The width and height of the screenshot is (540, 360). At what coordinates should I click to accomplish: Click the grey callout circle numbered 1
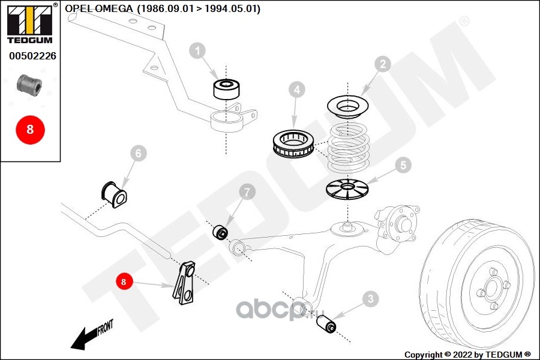[x=197, y=51]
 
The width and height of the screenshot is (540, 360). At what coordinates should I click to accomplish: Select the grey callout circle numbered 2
[x=383, y=64]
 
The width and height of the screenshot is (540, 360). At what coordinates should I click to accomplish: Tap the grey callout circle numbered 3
[x=370, y=299]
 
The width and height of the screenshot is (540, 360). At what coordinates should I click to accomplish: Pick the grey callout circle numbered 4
[x=297, y=90]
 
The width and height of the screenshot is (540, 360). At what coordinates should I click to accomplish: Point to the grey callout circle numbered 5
[x=403, y=166]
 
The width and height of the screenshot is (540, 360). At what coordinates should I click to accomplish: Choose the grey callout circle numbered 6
[x=139, y=154]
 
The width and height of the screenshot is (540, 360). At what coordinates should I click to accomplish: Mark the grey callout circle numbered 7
[x=247, y=192]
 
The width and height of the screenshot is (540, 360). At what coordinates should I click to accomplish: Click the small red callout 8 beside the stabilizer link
[x=124, y=282]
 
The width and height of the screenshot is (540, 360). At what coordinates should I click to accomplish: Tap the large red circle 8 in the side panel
[x=31, y=130]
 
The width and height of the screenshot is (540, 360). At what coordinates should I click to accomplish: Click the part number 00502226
[x=32, y=56]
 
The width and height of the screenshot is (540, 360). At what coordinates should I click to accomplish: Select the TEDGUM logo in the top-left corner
[x=31, y=23]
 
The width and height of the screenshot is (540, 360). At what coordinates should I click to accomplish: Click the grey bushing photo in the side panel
[x=29, y=85]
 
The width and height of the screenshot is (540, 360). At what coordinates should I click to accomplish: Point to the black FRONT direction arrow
[x=92, y=335]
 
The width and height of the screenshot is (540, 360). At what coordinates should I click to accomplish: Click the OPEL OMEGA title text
[x=99, y=8]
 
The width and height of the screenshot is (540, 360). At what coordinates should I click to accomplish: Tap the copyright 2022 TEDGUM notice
[x=467, y=355]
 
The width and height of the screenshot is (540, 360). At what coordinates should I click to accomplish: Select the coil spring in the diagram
[x=348, y=148]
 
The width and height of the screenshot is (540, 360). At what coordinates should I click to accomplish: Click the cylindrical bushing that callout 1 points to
[x=226, y=89]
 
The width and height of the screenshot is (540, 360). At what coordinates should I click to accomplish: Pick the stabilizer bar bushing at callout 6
[x=114, y=194]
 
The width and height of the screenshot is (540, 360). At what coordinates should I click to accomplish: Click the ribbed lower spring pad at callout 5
[x=347, y=190]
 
